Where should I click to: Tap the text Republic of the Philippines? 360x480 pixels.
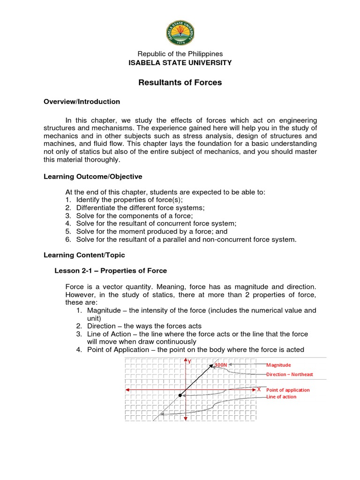pos(180,54)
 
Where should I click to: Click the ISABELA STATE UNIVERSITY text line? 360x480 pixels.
pos(180,62)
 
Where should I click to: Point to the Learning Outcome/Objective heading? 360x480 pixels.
pos(93,176)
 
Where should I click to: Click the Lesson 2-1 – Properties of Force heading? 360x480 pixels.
pos(111,270)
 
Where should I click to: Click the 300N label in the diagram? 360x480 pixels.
pos(220,365)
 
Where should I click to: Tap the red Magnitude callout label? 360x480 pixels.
pos(278,365)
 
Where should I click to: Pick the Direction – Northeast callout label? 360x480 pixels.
pos(289,375)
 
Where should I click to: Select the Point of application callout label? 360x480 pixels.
pos(288,390)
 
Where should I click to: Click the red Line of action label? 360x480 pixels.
pos(281,397)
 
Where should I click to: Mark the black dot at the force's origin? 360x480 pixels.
pos(180,396)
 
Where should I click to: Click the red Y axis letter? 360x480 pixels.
pos(189,361)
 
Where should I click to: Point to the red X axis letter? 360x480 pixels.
pos(259,389)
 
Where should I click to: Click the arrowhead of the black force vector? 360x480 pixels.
pos(212,365)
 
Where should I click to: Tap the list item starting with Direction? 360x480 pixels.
pos(138,326)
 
